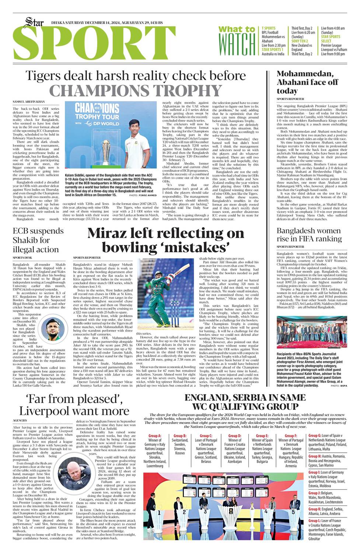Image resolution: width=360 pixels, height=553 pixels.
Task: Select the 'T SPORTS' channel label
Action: (269, 28)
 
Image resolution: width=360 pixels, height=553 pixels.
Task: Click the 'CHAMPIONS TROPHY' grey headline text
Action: (135, 91)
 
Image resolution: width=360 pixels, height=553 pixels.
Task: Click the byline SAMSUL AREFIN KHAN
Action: (29, 102)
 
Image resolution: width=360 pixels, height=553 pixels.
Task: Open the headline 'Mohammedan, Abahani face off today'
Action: (307, 82)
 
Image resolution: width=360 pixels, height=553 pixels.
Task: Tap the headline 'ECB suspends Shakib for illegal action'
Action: (38, 240)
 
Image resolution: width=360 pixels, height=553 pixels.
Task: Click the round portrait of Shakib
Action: (55, 329)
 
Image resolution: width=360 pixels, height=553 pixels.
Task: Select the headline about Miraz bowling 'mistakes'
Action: (166, 240)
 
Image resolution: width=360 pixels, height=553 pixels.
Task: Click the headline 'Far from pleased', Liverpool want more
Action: (74, 405)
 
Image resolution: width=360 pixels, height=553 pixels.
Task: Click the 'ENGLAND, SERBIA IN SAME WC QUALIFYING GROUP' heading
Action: (245, 402)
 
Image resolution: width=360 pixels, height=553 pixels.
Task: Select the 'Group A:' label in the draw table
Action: (154, 436)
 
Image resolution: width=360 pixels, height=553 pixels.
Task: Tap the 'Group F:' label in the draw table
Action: (291, 436)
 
